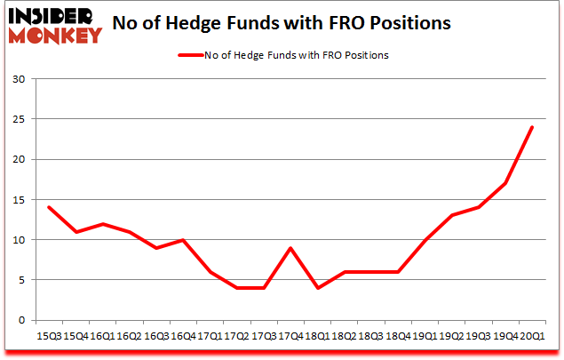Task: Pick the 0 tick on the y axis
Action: (21, 320)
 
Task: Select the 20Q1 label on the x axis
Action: (531, 337)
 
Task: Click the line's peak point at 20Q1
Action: (531, 127)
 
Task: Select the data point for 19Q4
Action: (506, 183)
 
